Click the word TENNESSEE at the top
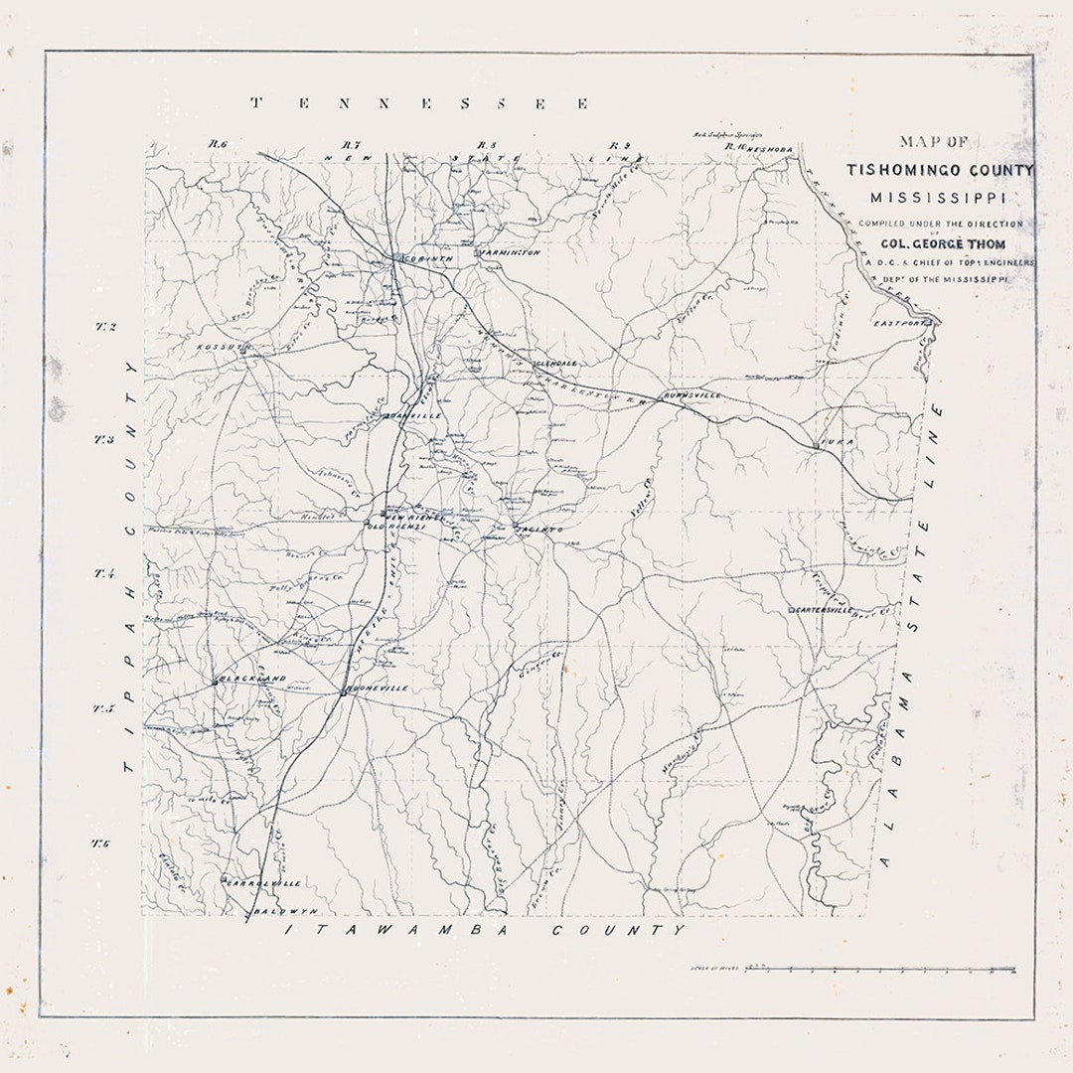[x=418, y=103]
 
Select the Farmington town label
[x=511, y=253]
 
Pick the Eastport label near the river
[x=899, y=324]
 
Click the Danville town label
[x=418, y=415]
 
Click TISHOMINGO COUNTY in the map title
[x=940, y=170]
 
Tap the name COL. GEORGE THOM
[x=940, y=243]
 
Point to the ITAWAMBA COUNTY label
[x=486, y=930]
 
